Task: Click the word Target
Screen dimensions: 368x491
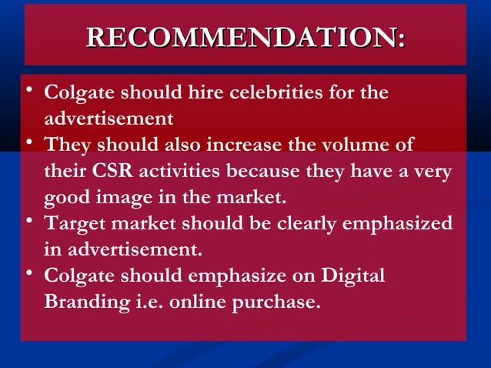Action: click(78, 224)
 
